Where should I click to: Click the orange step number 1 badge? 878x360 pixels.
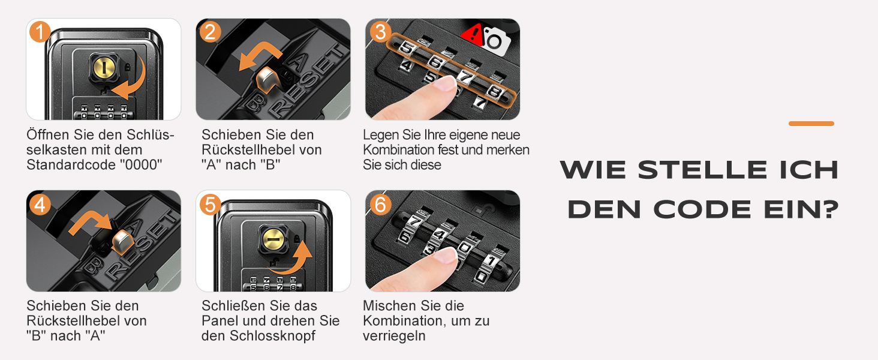(x=40, y=32)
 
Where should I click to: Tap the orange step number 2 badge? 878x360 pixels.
(x=210, y=32)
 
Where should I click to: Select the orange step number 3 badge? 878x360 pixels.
(x=380, y=32)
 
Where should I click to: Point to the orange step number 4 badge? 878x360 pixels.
(x=40, y=205)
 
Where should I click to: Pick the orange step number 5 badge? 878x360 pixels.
(x=210, y=205)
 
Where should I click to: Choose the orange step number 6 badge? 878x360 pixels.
(x=380, y=205)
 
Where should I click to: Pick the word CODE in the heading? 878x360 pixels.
(x=702, y=209)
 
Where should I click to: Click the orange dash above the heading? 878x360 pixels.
(x=811, y=124)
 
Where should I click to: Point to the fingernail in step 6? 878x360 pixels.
(x=447, y=256)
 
